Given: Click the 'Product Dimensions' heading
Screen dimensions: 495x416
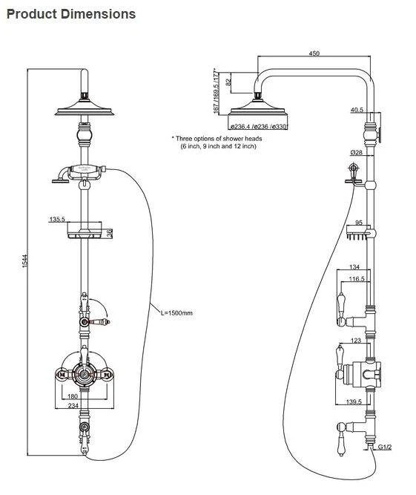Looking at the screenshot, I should point(71,14).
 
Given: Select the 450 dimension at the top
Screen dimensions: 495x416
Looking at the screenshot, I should point(314,53).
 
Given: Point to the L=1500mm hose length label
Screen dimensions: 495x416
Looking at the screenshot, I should point(176,313).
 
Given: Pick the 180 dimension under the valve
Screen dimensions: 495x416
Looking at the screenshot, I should point(83,396).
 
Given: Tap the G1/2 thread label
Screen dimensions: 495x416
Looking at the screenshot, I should point(385,448).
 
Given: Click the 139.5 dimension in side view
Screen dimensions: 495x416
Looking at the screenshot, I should point(354,401).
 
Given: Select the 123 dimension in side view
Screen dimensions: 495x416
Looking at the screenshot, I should point(357,341).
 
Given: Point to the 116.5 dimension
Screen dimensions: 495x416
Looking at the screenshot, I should point(357,278).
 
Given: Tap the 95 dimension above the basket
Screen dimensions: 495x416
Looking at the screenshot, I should point(358,222).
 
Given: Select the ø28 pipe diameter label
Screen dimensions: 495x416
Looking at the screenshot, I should point(355,152).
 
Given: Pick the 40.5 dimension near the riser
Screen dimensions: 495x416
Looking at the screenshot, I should point(357,111).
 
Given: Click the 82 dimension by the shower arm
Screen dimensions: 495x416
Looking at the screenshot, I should point(228,82).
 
